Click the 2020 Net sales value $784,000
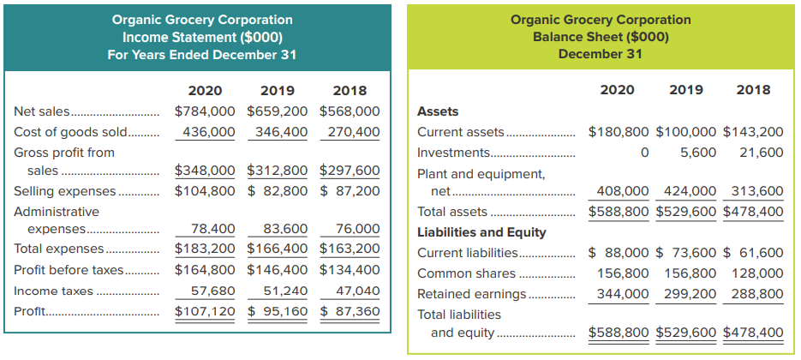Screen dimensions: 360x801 pos(205,111)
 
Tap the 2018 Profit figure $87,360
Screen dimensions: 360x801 pos(350,310)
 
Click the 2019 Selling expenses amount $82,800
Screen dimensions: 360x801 pos(278,190)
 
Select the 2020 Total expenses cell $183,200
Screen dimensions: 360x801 pos(205,249)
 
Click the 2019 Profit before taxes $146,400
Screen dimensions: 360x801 pos(278,269)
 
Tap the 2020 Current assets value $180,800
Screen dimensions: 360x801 pos(620,132)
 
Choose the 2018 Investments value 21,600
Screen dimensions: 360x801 pos(761,152)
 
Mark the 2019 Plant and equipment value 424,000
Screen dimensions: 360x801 pos(691,191)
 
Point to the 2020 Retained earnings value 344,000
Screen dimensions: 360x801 pos(623,294)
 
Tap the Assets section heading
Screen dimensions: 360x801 pos(437,111)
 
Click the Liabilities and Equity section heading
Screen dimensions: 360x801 pos(481,231)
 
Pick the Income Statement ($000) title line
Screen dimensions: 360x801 pos(202,37)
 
